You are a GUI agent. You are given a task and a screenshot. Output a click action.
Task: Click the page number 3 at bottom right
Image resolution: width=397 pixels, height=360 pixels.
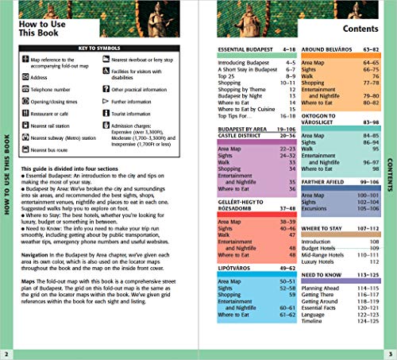[389, 353]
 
